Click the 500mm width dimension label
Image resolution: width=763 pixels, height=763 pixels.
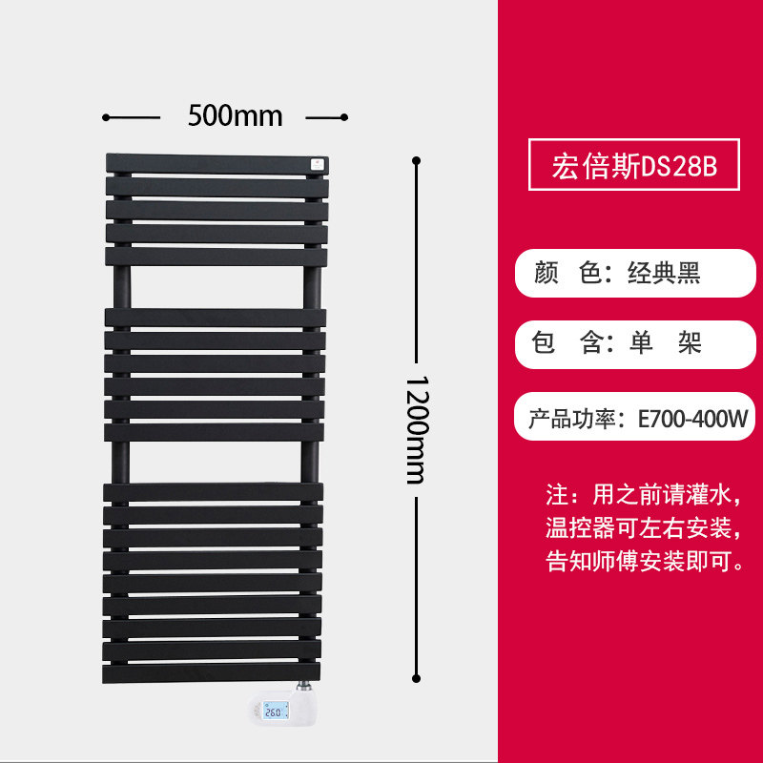tap(235, 115)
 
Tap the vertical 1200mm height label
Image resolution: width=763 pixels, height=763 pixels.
tap(417, 430)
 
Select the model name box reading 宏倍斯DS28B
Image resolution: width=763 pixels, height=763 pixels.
tap(634, 164)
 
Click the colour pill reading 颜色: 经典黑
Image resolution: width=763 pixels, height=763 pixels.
tap(635, 273)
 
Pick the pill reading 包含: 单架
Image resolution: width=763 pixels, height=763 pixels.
tap(635, 344)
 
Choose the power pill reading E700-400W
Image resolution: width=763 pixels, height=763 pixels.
tap(634, 417)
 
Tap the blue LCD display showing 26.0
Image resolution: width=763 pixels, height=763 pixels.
tap(276, 711)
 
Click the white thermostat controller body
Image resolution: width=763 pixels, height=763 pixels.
tap(282, 708)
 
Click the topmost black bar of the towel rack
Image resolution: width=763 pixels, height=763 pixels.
tap(217, 164)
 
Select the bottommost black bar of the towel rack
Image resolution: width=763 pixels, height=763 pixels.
tap(211, 673)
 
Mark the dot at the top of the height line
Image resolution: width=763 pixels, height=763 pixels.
tap(416, 160)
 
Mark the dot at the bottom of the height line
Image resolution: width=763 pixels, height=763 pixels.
tap(416, 678)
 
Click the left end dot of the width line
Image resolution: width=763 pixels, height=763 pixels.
tap(106, 117)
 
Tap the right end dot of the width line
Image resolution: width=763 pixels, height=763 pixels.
tap(344, 117)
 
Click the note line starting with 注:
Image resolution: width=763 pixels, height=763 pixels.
tap(643, 495)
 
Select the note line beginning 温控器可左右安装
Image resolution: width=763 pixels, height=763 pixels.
tap(643, 528)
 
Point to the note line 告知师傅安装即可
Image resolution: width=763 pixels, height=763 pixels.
tap(645, 561)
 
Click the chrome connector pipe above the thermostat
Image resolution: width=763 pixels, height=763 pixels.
tap(303, 686)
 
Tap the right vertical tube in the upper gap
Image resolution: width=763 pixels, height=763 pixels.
tap(313, 287)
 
